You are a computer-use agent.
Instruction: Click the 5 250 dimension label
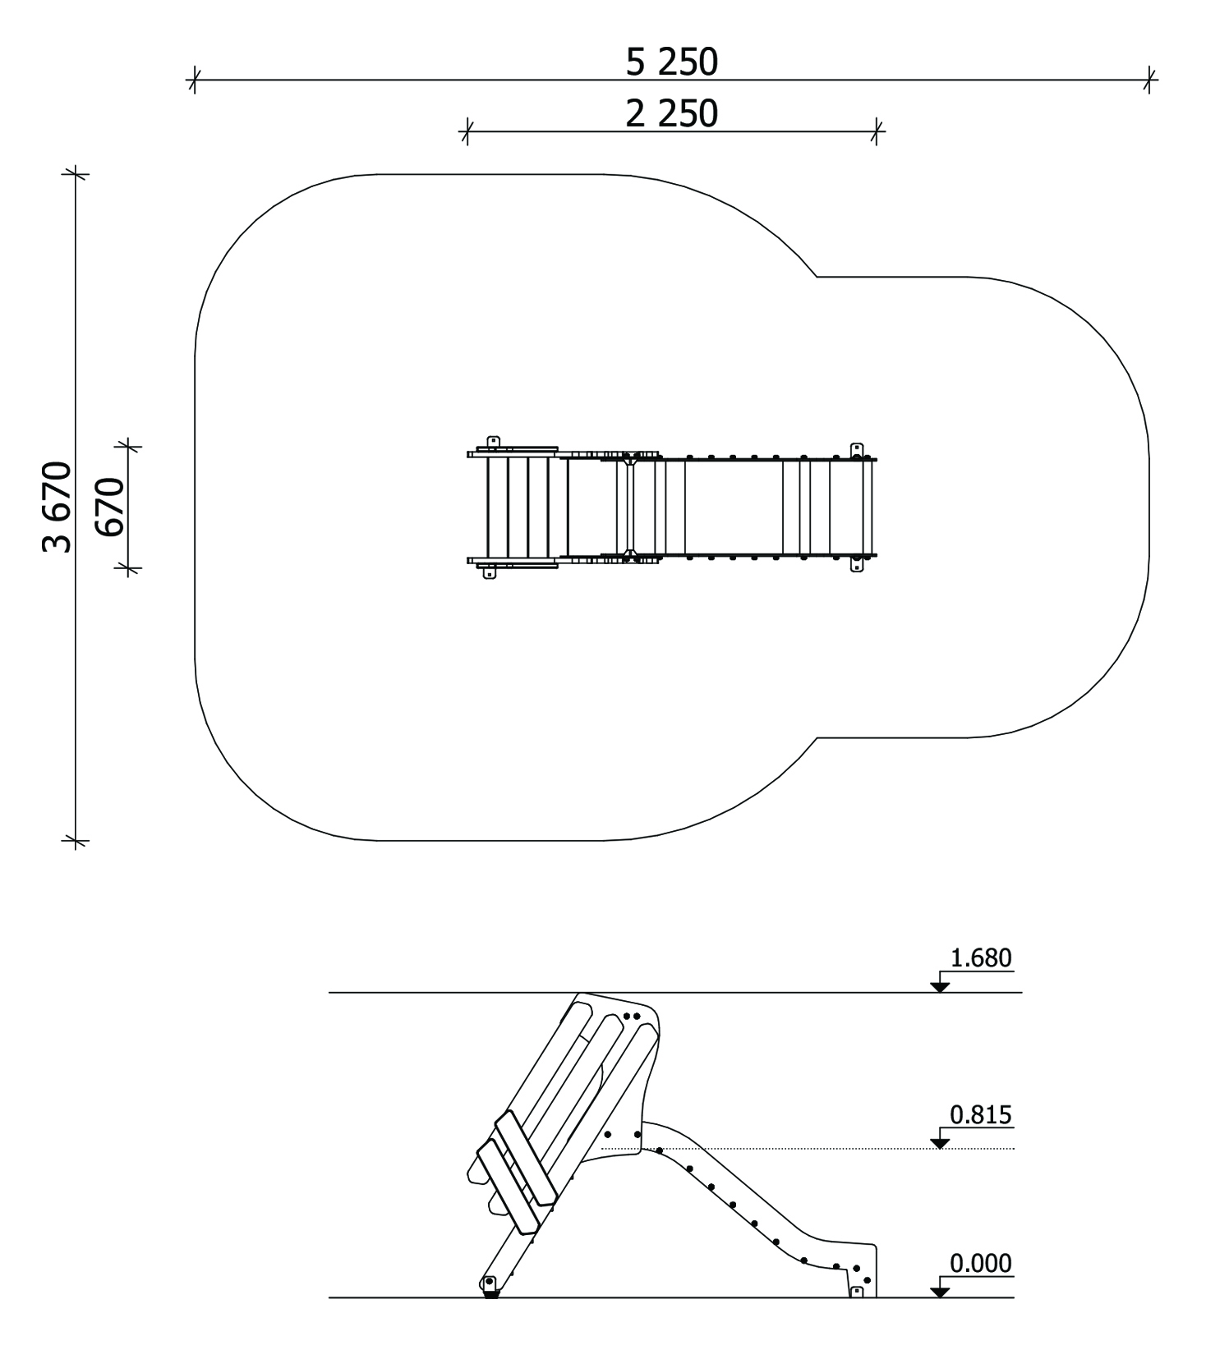(x=671, y=62)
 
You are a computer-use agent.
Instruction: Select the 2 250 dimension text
(x=671, y=114)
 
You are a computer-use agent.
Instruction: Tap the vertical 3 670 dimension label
(x=57, y=507)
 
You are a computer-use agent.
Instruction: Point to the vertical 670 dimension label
(x=109, y=507)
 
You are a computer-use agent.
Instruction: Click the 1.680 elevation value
(x=981, y=957)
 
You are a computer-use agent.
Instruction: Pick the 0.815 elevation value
(x=981, y=1114)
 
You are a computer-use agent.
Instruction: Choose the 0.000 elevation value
(x=981, y=1263)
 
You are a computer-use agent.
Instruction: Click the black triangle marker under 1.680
(x=940, y=986)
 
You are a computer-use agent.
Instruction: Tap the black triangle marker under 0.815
(x=940, y=1142)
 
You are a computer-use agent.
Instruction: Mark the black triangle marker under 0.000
(x=940, y=1292)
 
